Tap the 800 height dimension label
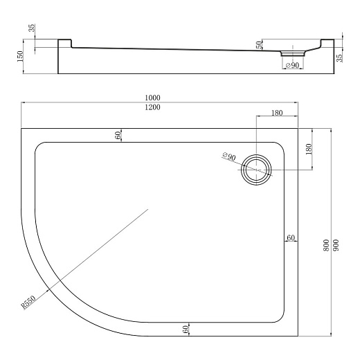(326, 249)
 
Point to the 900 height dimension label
(336, 249)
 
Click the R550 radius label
(28, 301)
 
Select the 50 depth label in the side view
(259, 45)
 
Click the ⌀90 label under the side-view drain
(291, 65)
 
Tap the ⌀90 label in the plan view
(229, 157)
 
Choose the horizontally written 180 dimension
(277, 114)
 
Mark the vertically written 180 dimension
(309, 148)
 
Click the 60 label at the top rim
(118, 134)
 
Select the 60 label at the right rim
(291, 238)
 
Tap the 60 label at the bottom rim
(186, 330)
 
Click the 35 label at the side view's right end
(339, 57)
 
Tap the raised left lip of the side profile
(64, 43)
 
